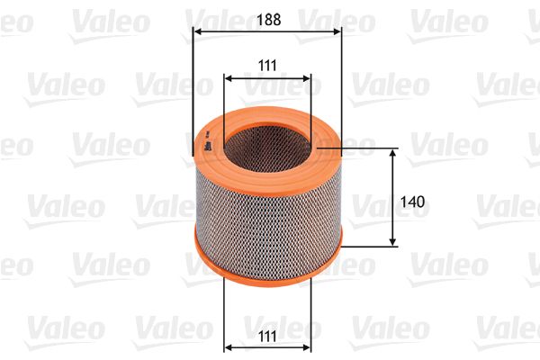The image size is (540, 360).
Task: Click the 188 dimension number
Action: (x=268, y=20)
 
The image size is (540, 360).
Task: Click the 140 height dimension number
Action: (x=412, y=202)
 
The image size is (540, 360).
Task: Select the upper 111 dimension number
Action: (x=267, y=66)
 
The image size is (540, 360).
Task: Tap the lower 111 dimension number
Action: (x=267, y=336)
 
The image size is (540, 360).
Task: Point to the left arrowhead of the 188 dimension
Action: (x=198, y=31)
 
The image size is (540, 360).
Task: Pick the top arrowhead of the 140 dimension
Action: (x=392, y=153)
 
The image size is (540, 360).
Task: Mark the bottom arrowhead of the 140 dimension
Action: (x=392, y=242)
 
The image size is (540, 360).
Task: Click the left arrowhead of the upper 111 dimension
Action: (x=229, y=79)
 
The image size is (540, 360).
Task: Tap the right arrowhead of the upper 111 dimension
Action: (x=307, y=79)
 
